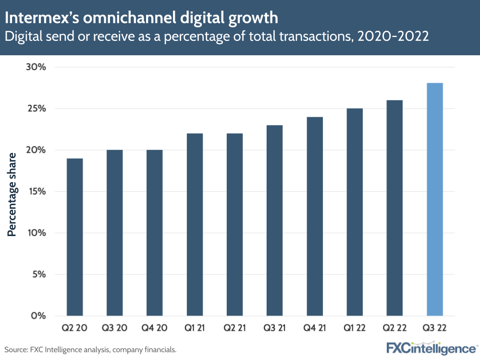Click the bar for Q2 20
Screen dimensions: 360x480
(74, 237)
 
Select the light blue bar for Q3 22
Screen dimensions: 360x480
(434, 199)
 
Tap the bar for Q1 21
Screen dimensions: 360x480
(195, 224)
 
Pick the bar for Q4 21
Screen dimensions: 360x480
(315, 216)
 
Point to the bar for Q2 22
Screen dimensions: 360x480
(394, 208)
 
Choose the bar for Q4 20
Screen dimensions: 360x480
(155, 233)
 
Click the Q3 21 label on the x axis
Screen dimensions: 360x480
(274, 328)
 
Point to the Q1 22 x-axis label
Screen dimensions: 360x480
(355, 328)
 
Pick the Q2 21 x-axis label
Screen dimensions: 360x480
(234, 328)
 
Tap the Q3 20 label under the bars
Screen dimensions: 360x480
(114, 328)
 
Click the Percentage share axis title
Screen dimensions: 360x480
(12, 195)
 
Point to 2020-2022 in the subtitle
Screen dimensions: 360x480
(392, 37)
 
